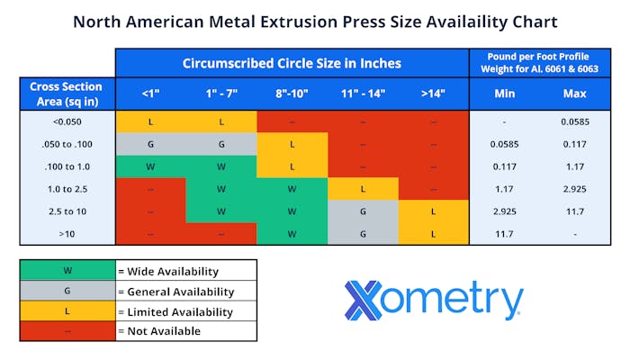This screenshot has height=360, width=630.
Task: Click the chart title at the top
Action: (315, 21)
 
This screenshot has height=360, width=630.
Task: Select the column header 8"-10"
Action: (292, 93)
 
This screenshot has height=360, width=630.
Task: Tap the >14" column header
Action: (433, 93)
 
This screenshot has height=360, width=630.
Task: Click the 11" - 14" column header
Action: (363, 93)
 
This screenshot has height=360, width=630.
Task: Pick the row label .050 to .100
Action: (66, 144)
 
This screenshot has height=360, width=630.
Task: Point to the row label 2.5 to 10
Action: (66, 211)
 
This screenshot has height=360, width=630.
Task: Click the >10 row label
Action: (66, 233)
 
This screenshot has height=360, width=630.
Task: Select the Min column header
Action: (506, 93)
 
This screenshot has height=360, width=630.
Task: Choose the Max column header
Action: (575, 93)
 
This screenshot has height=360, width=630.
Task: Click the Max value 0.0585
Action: (575, 121)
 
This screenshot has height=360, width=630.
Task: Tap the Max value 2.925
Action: (575, 189)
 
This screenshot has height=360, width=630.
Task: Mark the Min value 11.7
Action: (506, 233)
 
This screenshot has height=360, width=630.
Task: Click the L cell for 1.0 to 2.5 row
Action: (363, 189)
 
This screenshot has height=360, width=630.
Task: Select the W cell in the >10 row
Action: (292, 233)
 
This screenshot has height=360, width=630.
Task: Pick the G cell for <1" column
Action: (150, 144)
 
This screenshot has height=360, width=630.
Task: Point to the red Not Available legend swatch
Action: (67, 331)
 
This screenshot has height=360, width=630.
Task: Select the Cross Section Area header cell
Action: (66, 93)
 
